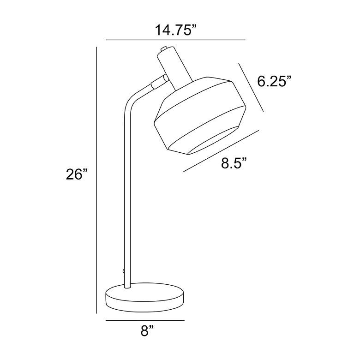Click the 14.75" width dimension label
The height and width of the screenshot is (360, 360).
pos(176,30)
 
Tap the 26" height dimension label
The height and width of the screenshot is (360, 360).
pos(77,174)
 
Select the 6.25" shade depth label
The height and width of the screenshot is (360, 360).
pos(274,81)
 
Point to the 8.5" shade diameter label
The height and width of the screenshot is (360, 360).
pos(234,163)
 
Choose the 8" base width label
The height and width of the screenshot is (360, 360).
pos(147,331)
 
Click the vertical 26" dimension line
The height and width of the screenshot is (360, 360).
pos(96,180)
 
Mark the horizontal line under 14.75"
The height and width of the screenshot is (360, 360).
pos(176,40)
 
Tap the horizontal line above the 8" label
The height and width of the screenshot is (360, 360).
pos(145,320)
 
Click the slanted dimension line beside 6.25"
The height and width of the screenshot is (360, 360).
pos(251,88)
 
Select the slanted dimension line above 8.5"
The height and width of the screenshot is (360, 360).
pos(222,151)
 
